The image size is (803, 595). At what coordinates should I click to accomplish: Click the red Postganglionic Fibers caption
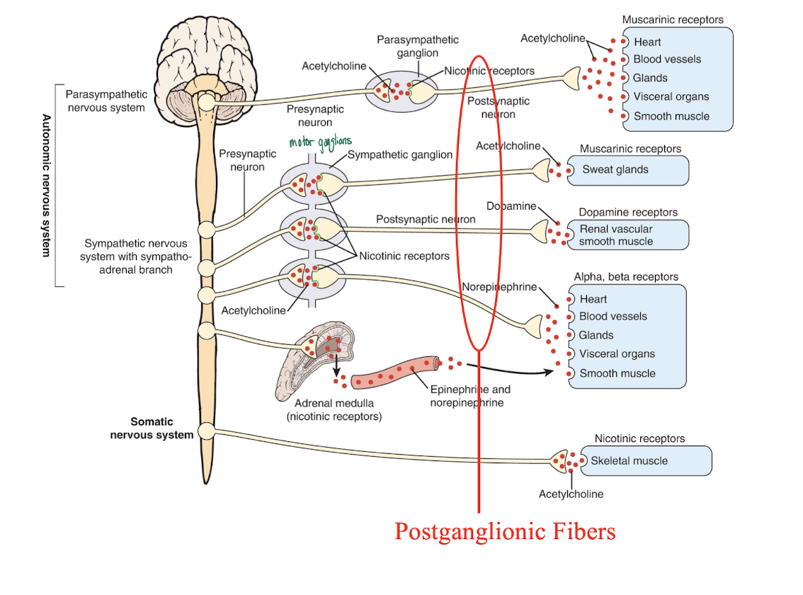click(505, 531)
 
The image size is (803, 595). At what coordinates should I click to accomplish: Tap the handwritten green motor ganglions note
click(320, 142)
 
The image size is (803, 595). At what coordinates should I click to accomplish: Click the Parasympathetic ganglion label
click(417, 46)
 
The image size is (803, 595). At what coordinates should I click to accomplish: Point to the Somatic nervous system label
click(152, 429)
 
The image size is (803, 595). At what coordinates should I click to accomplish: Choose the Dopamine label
click(511, 206)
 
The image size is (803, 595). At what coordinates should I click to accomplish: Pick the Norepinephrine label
click(499, 287)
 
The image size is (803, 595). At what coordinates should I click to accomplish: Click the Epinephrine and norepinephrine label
click(469, 396)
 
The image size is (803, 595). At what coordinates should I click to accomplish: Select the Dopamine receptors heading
click(627, 212)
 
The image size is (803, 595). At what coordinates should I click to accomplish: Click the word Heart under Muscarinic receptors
click(647, 42)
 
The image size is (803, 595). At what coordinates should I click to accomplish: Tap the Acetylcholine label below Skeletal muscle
click(571, 494)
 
